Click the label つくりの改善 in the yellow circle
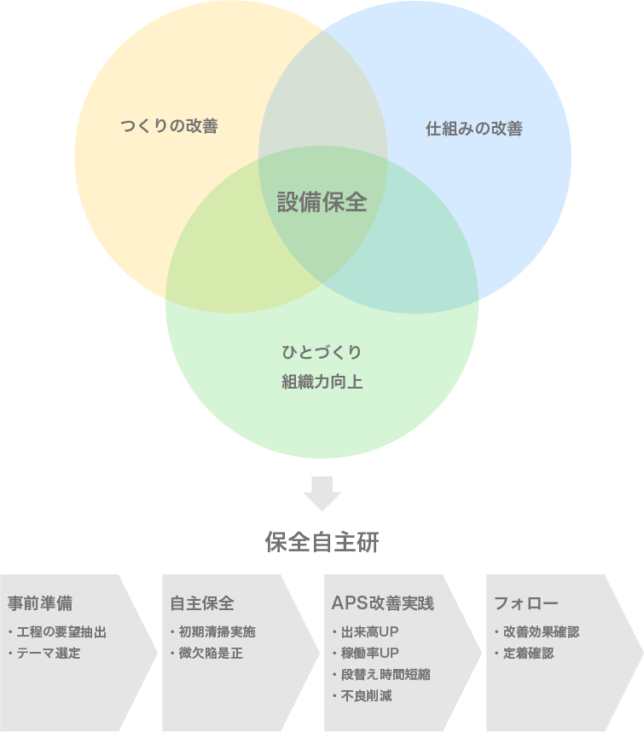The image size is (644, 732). tap(169, 127)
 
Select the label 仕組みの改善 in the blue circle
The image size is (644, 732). tap(473, 130)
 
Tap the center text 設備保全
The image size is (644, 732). tap(322, 203)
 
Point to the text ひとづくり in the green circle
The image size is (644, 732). tap(322, 353)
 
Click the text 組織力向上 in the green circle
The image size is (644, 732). tap(322, 382)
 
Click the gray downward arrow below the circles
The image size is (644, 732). tap(322, 493)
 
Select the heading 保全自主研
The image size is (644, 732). tap(322, 543)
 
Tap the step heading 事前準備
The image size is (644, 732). tap(39, 603)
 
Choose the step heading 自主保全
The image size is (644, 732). tap(202, 603)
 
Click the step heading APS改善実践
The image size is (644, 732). tap(382, 603)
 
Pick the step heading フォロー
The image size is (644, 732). tap(526, 603)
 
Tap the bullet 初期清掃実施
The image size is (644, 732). tap(216, 632)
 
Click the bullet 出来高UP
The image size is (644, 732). tap(368, 632)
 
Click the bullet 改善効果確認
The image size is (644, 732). tap(540, 632)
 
